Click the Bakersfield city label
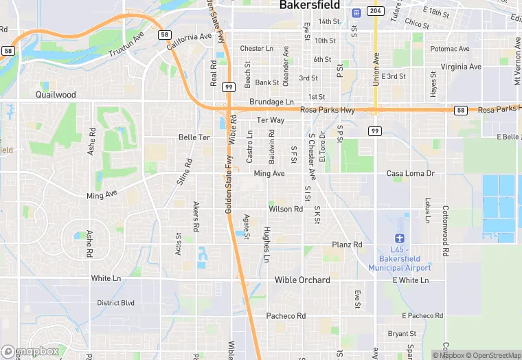(310, 5)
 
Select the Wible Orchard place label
(302, 280)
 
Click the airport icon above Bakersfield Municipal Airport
(400, 236)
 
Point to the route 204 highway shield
(374, 11)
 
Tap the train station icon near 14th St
(356, 13)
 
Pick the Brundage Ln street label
(271, 102)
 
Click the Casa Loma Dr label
(411, 174)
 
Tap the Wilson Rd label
(286, 209)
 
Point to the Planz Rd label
(347, 245)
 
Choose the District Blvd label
(116, 303)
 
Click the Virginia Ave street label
(461, 67)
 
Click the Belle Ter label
(194, 137)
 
